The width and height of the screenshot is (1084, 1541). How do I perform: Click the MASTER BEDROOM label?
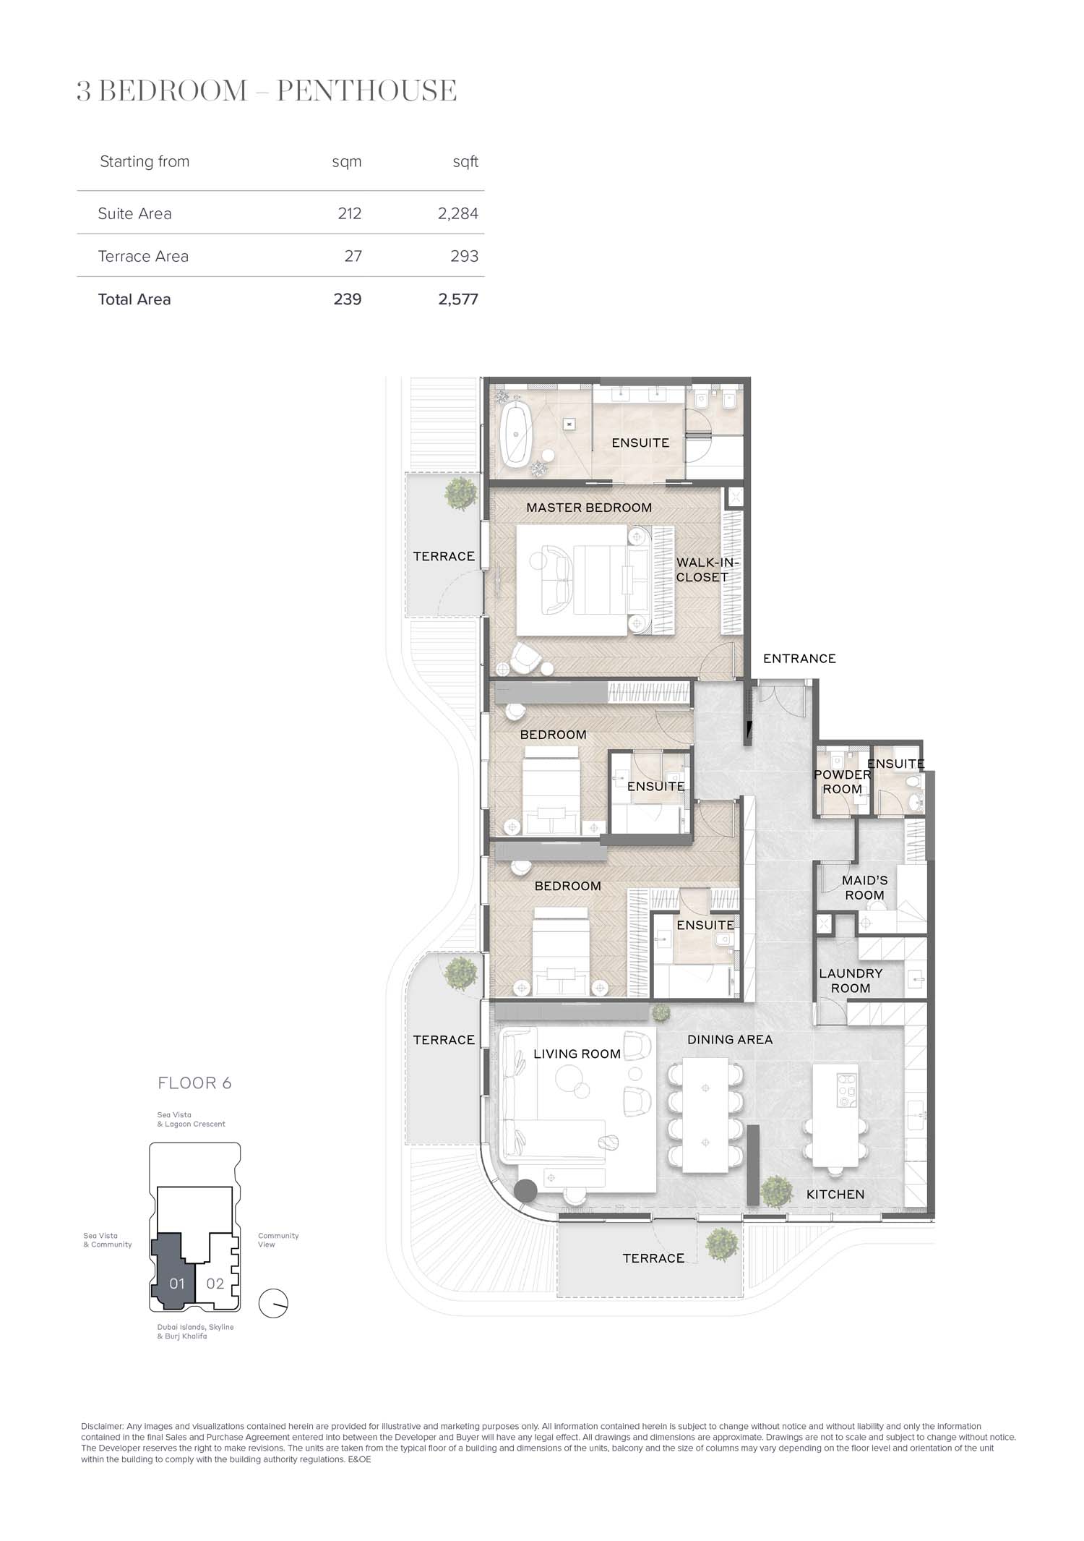coord(589,508)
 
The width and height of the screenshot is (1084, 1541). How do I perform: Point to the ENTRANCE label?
coord(799,659)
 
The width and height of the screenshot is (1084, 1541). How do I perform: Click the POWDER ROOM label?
coord(843,782)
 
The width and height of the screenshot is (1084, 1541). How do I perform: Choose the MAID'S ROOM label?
coord(864,887)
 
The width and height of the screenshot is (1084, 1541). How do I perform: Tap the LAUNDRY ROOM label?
coord(851,981)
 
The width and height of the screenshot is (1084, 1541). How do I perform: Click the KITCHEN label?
coord(835,1195)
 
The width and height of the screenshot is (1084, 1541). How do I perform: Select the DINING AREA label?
coord(730,1040)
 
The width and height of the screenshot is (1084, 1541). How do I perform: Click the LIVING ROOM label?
coord(577,1054)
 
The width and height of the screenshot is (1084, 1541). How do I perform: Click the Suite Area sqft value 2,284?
coord(458,213)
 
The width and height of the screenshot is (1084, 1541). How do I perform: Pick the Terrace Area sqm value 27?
coord(353,256)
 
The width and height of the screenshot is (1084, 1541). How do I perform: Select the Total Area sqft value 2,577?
coord(458,299)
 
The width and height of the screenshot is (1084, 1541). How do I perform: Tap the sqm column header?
coord(347,162)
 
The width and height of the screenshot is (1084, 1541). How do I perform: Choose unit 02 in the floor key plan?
coord(215,1284)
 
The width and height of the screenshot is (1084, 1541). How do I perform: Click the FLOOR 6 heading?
coord(194,1083)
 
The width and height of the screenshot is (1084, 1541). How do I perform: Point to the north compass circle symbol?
coord(274,1303)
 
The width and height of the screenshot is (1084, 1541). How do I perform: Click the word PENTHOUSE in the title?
coord(367,91)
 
